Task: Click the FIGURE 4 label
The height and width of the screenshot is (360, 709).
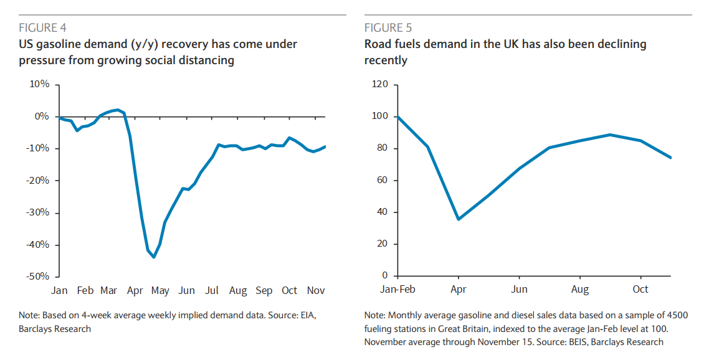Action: click(x=42, y=27)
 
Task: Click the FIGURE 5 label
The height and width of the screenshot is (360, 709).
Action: click(x=388, y=27)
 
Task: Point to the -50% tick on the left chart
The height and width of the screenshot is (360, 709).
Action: click(x=37, y=276)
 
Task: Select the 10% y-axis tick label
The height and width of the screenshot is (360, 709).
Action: click(x=39, y=85)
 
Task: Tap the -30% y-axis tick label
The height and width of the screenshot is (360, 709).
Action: click(x=37, y=212)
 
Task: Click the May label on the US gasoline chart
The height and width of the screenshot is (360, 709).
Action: click(x=161, y=290)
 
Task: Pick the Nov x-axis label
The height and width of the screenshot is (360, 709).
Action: click(x=315, y=290)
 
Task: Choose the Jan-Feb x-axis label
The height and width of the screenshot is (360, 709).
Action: click(x=397, y=290)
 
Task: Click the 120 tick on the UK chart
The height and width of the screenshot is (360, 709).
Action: click(x=379, y=85)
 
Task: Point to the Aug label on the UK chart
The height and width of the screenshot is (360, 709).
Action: click(x=580, y=290)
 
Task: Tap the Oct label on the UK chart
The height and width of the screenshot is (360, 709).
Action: click(x=640, y=290)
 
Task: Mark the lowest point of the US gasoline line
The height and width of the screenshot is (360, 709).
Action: click(x=154, y=257)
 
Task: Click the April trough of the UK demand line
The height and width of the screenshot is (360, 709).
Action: click(x=459, y=219)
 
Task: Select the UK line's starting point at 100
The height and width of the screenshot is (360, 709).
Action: click(x=397, y=116)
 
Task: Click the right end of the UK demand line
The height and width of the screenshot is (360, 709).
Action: click(x=671, y=158)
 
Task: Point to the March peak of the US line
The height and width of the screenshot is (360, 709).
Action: click(x=118, y=110)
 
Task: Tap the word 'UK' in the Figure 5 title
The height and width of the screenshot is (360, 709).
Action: click(x=500, y=44)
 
